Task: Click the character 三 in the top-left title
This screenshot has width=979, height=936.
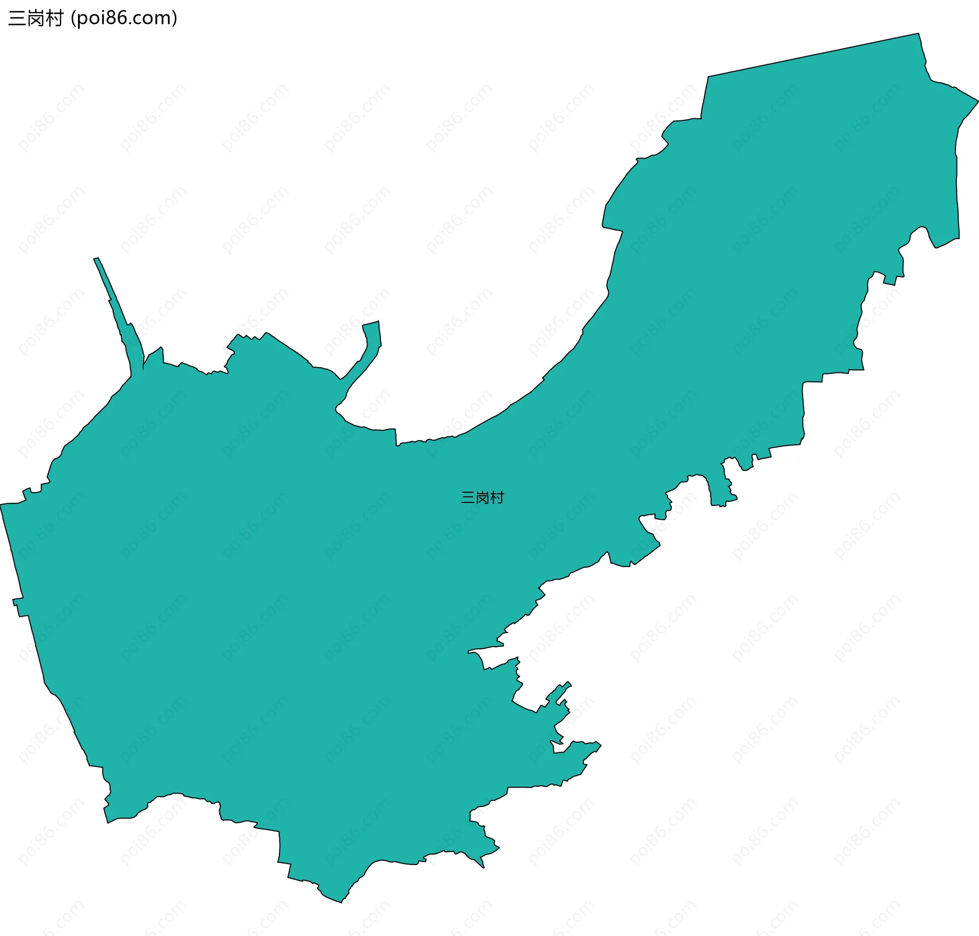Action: tap(17, 18)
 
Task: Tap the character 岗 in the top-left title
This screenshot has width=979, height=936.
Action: tap(36, 18)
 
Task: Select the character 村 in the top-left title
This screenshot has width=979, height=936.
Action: tap(54, 18)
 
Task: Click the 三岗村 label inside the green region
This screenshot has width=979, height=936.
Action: tap(482, 497)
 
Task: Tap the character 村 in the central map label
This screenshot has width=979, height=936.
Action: tap(497, 497)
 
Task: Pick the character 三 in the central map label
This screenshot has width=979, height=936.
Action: tap(468, 497)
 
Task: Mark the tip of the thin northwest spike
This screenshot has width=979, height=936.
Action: tap(96, 259)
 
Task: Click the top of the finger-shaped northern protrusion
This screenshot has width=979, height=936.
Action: tap(371, 323)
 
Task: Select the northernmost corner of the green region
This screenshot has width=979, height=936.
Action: tap(918, 34)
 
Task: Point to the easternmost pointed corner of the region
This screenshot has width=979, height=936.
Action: tap(978, 100)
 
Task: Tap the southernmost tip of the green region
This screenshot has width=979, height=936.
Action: tap(341, 902)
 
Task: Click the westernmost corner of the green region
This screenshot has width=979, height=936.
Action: tap(1, 504)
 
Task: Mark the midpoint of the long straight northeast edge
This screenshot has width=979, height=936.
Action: tap(813, 55)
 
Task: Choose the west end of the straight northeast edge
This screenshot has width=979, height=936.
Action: tap(708, 77)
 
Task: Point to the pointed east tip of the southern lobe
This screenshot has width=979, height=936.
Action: tap(601, 746)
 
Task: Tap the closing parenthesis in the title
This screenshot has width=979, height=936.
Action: tap(175, 18)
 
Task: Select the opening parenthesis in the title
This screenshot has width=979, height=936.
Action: tap(73, 18)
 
